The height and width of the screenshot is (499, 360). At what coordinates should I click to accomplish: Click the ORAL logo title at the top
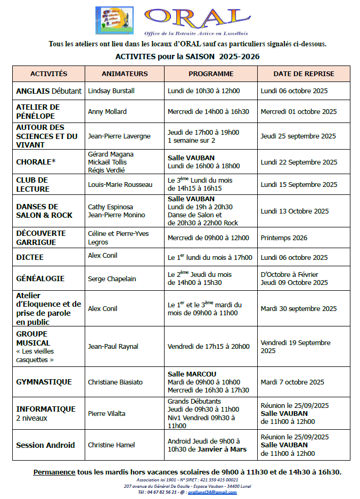click(x=191, y=17)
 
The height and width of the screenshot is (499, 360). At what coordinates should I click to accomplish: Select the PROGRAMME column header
click(x=210, y=73)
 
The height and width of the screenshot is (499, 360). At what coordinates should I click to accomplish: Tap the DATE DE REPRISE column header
click(x=304, y=73)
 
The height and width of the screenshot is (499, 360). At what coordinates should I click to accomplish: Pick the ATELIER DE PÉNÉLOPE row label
click(x=38, y=111)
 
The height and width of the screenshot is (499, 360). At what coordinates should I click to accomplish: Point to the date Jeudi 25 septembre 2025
click(x=298, y=136)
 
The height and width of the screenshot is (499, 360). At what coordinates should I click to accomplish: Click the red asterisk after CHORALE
click(x=53, y=161)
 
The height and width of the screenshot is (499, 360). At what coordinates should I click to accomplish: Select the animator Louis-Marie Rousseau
click(x=120, y=185)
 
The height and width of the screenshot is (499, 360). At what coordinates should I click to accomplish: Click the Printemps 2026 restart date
click(x=284, y=238)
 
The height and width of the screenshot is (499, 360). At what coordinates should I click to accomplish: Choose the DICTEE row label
click(x=30, y=257)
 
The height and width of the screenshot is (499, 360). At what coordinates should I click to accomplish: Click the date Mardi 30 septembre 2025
click(x=298, y=309)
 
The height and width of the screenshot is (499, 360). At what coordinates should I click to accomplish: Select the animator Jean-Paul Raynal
click(x=113, y=347)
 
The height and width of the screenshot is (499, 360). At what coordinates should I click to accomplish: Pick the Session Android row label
click(x=45, y=445)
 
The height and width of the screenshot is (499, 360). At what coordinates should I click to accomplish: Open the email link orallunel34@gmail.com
click(x=214, y=492)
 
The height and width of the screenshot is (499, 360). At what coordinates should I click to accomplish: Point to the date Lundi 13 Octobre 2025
click(x=294, y=211)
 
